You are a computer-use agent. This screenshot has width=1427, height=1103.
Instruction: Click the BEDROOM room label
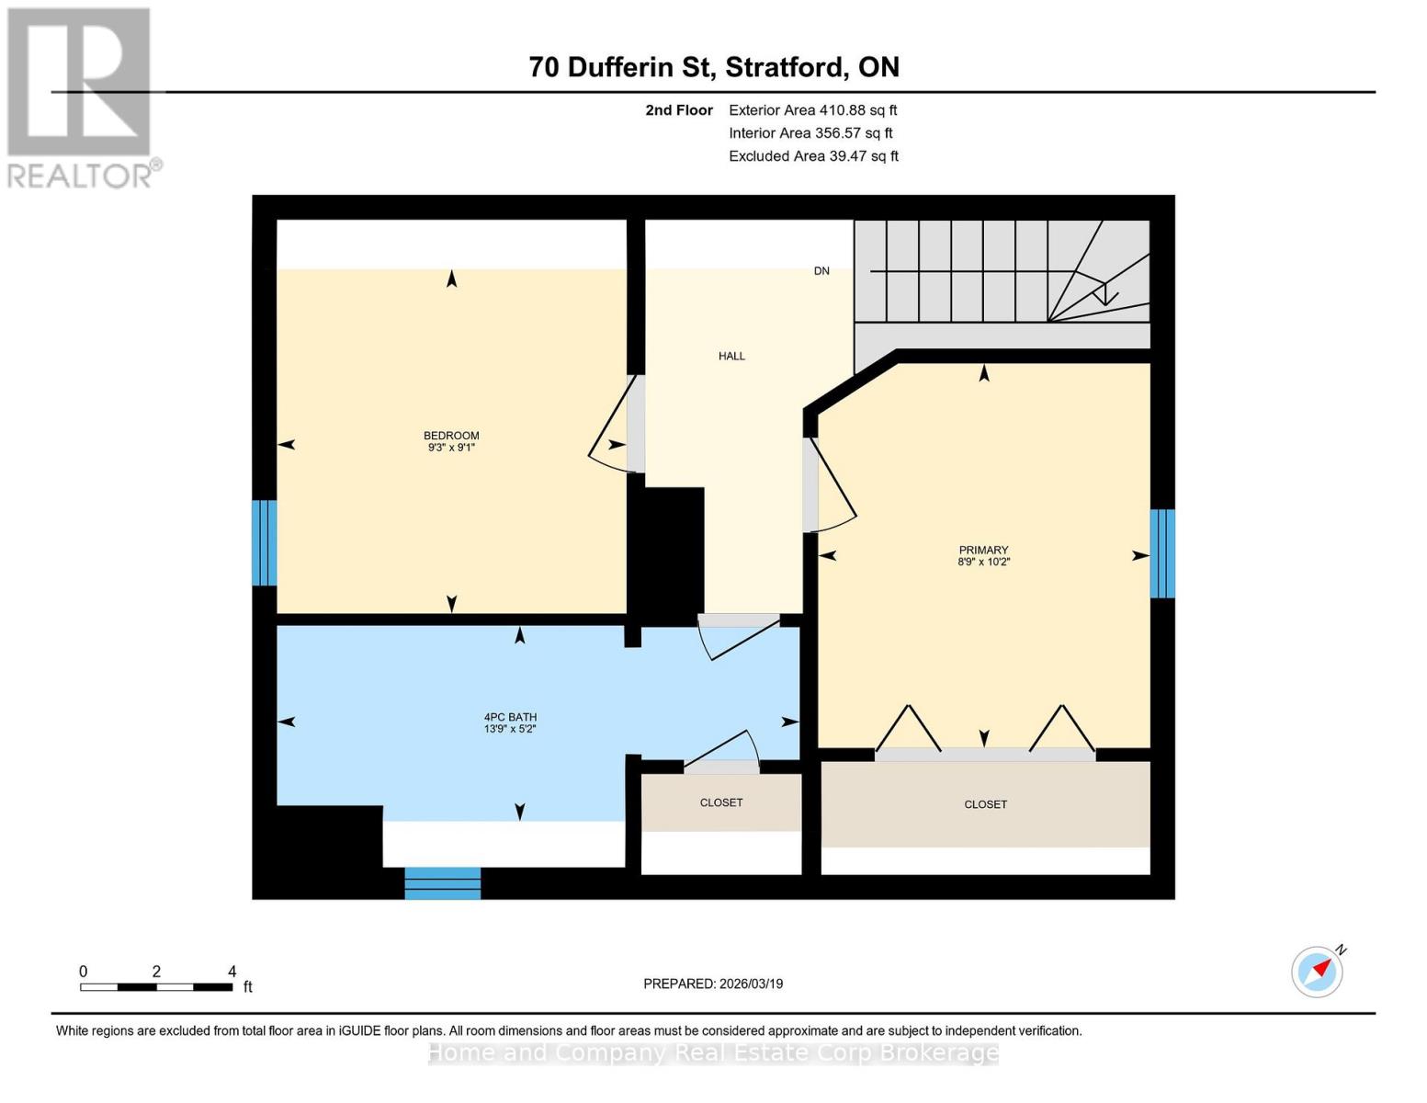(451, 436)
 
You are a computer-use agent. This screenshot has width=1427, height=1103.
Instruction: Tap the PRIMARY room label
(983, 550)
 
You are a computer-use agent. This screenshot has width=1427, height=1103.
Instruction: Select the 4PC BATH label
(510, 717)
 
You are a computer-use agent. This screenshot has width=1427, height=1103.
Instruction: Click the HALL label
(731, 356)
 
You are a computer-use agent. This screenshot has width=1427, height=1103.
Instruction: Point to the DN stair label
(821, 271)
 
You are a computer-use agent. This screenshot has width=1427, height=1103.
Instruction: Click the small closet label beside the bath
(721, 802)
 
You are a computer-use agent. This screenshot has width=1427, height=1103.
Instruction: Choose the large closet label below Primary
(985, 804)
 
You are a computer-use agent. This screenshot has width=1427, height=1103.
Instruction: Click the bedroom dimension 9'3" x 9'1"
(451, 448)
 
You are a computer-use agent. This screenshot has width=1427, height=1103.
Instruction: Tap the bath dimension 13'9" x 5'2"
(510, 729)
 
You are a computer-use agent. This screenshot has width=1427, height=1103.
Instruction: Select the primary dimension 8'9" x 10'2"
(983, 562)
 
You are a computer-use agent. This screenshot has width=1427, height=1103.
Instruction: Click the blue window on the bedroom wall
(265, 542)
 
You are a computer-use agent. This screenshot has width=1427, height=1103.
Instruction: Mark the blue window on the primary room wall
(1162, 553)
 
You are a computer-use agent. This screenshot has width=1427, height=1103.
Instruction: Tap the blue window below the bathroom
(443, 882)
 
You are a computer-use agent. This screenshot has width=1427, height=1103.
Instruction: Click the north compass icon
(1318, 971)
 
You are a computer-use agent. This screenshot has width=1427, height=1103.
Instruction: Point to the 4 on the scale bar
(232, 972)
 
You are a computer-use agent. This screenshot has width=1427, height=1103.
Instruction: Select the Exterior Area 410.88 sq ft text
(812, 110)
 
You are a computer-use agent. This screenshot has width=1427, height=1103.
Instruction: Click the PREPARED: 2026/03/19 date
(713, 984)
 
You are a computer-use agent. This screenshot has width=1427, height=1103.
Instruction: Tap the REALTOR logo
(81, 97)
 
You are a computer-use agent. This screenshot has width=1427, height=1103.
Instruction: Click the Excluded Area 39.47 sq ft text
(813, 156)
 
